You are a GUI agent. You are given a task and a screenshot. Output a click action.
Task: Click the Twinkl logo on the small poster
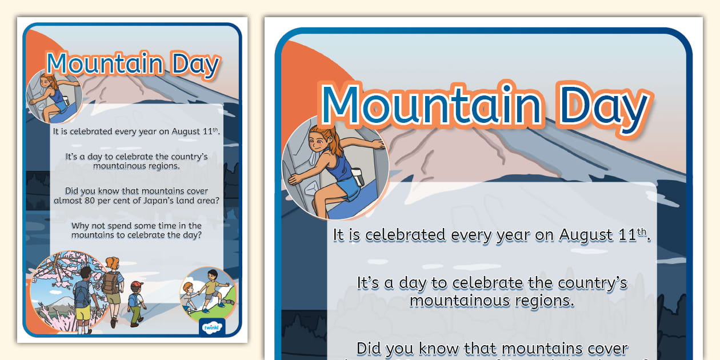[212, 328]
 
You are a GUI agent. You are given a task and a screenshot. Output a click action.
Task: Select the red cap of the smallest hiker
[136, 285]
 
